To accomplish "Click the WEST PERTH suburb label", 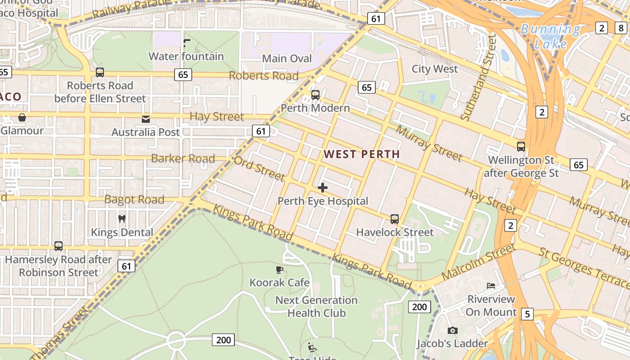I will pos(361,154).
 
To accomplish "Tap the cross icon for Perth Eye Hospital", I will pos(323,188).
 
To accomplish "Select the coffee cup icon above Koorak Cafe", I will pos(279,270).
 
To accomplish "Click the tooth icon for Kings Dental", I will pos(121,219).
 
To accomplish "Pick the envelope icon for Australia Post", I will pos(146,119).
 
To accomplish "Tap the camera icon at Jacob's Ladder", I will pos(452,331).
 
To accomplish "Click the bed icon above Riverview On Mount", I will pos(491,286).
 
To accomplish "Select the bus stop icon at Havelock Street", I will pos(395,219).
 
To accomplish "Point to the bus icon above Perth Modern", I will pos(315,95).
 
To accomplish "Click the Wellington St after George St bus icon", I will pos(521,147).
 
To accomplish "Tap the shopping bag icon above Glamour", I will pos(22,118).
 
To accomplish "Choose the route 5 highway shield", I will pos(527,314).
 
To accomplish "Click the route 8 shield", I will pos(621,28).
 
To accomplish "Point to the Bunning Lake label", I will pos(550,36).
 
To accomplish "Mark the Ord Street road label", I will pos(259,169).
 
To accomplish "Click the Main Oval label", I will pos(287,58).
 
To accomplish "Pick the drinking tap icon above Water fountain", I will pos(187,43).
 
